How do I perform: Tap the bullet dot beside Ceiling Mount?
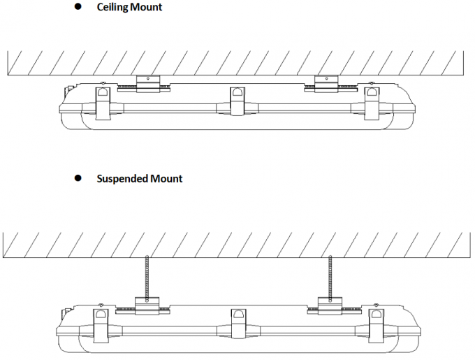(x=78, y=6)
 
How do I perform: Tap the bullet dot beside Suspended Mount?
(x=78, y=178)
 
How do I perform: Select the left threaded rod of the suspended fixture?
(x=147, y=277)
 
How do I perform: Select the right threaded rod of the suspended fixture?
(x=330, y=277)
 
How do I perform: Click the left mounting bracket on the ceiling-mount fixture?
(x=147, y=83)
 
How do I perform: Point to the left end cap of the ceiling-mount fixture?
(x=66, y=105)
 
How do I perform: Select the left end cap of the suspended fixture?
(x=65, y=326)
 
